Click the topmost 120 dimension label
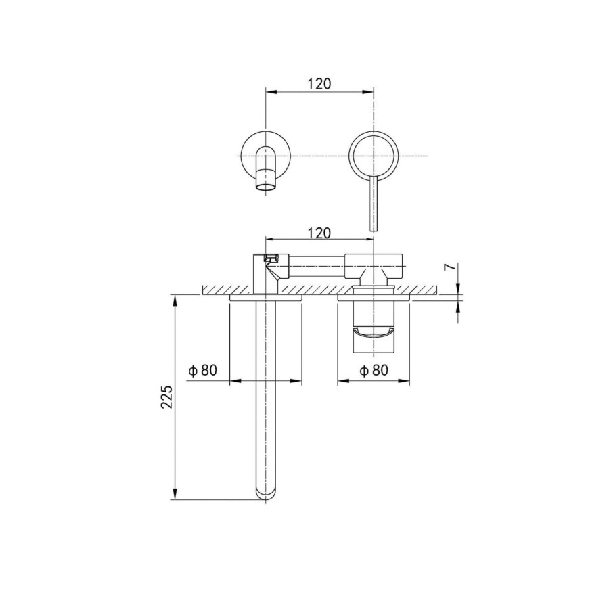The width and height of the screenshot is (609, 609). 319,84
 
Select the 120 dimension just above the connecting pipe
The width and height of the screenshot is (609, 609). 319,233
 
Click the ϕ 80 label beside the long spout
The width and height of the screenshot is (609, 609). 202,371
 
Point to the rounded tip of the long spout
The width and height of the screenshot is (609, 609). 266,493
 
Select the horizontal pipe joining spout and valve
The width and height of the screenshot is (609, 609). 318,265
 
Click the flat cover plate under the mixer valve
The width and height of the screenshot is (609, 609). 374,297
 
